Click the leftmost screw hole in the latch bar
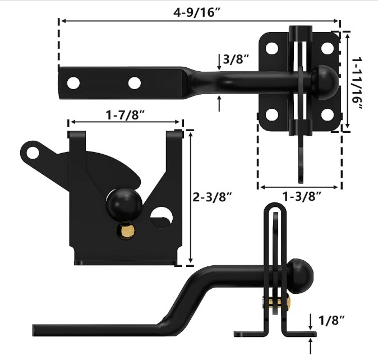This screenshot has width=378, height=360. point(72,84)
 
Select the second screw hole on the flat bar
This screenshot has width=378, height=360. point(133,84)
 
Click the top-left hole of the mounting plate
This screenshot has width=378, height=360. point(272,48)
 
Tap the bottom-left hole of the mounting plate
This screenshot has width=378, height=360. point(272,116)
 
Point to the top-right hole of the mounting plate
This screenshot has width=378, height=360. point(326,48)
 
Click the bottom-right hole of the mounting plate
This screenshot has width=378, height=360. point(326,116)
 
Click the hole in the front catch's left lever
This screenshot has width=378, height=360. point(35,151)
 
